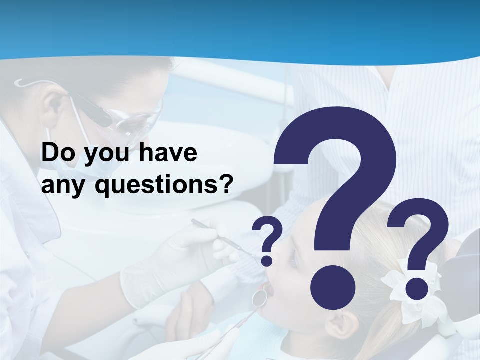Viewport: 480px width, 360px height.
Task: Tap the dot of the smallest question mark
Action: [267, 260]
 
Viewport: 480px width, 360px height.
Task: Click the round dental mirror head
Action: [259, 298]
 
